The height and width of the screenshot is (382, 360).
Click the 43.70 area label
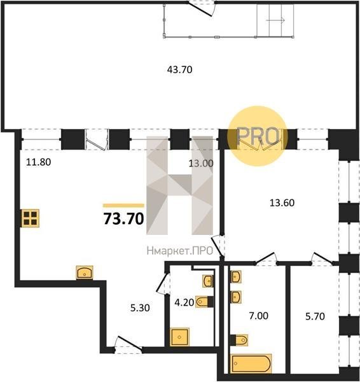179,70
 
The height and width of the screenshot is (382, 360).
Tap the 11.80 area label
38,162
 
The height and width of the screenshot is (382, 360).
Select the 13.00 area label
201,163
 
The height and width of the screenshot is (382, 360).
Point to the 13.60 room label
282,202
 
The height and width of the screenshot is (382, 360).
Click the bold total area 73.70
123,218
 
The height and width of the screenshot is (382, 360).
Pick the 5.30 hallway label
140,308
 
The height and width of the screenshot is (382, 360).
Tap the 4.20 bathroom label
184,302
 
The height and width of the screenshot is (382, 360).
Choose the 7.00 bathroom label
258,316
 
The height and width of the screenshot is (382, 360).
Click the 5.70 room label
315,316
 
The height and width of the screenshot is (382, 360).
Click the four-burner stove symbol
30,218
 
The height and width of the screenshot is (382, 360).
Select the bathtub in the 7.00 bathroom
251,364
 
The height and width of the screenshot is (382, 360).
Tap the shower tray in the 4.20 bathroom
179,337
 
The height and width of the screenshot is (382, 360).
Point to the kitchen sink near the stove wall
85,272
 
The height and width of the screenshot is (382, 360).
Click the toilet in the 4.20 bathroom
205,302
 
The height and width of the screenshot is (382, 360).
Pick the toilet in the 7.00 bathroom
239,340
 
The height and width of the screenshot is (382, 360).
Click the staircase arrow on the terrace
276,20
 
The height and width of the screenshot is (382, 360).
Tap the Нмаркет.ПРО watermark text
180,251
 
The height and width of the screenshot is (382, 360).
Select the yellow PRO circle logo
258,136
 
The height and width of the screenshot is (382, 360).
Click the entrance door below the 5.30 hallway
128,344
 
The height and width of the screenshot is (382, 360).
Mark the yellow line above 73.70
123,206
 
